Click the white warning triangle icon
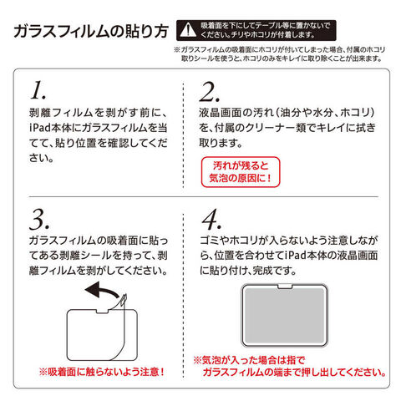click(x=188, y=30)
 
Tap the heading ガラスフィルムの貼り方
click(x=91, y=31)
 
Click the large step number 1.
click(x=38, y=90)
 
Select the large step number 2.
click(x=210, y=92)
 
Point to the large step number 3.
click(x=39, y=219)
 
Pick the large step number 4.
click(x=211, y=220)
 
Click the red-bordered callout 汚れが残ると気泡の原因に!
click(x=241, y=172)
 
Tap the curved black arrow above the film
click(x=104, y=290)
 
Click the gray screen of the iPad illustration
click(x=285, y=315)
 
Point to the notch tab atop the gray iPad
click(x=285, y=287)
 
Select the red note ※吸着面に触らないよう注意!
click(x=102, y=372)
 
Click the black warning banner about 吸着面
click(x=256, y=30)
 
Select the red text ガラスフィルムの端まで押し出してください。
click(x=294, y=372)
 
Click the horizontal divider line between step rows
click(x=204, y=196)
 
